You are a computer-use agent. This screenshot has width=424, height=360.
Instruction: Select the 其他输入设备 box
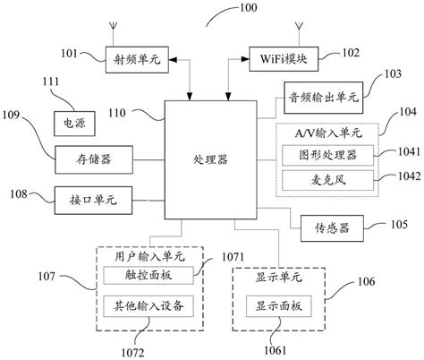coord(149,306)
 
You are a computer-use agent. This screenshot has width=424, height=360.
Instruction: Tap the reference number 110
coord(120,113)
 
